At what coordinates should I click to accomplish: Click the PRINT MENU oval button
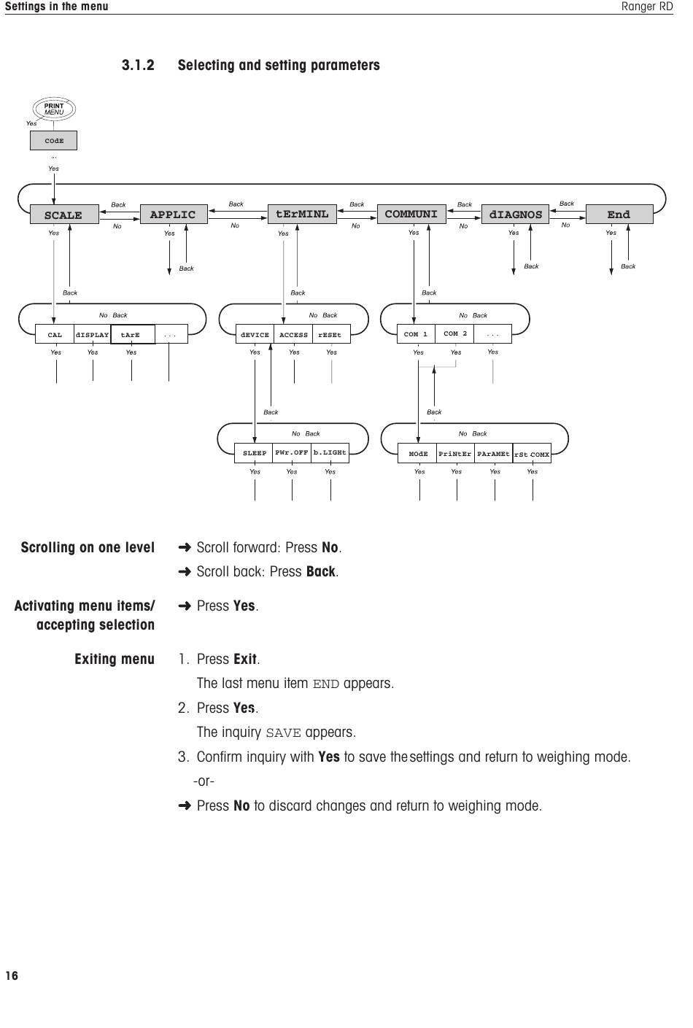coord(54,109)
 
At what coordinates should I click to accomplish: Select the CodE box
coord(54,140)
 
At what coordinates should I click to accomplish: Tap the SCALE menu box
coord(64,215)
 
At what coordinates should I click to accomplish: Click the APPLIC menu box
coord(174,214)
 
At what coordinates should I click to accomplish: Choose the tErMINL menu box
coord(302,214)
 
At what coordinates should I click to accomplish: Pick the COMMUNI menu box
coord(411,214)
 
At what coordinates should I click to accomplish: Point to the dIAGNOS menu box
coord(516,214)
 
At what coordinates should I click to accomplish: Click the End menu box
coord(619,214)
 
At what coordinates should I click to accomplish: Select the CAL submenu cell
coord(55,334)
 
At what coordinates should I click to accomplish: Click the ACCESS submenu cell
coord(293,334)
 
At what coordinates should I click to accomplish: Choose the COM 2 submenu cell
coord(454,333)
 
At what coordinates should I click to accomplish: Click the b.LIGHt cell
coord(330,453)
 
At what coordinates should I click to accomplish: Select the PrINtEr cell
coord(455,453)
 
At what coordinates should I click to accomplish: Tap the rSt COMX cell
coord(532,453)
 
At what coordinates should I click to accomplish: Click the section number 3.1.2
coord(138,65)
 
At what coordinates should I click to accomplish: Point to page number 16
coord(12,975)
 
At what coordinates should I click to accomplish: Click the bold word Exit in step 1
coord(245,659)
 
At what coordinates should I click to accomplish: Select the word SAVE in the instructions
coord(284,733)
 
